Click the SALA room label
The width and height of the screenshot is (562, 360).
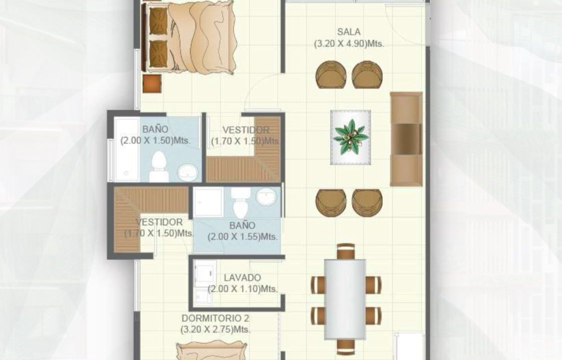click(x=349, y=32)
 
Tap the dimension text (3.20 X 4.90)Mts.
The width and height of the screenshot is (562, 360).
click(x=349, y=43)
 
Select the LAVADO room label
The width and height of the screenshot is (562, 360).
click(x=242, y=277)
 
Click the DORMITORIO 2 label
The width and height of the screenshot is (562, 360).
click(x=215, y=318)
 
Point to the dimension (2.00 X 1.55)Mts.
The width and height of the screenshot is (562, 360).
click(x=243, y=237)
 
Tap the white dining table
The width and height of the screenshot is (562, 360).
click(x=345, y=299)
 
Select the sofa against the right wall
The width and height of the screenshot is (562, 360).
click(x=406, y=139)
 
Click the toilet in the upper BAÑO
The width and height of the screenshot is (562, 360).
click(x=159, y=166)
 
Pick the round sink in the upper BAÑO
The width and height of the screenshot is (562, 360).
click(x=188, y=172)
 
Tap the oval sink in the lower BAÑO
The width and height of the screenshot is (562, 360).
click(x=267, y=196)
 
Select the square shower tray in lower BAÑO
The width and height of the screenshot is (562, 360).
click(x=209, y=202)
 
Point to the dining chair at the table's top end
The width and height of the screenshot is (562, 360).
click(x=346, y=251)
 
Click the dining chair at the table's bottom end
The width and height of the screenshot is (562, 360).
click(x=346, y=346)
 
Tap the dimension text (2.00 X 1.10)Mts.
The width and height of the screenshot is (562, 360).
click(x=243, y=288)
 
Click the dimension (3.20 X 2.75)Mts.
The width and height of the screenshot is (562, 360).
click(x=215, y=329)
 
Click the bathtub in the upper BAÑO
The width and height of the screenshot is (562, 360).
click(x=127, y=149)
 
